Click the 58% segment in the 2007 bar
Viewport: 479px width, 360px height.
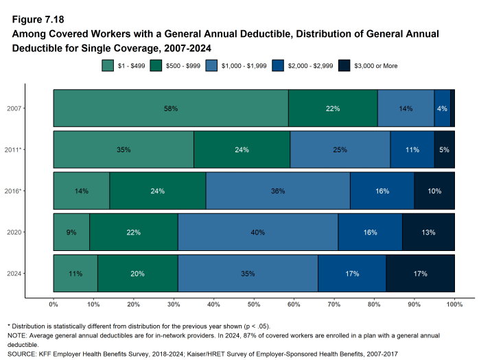pyautogui.click(x=171, y=108)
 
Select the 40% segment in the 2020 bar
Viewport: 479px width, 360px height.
pyautogui.click(x=258, y=232)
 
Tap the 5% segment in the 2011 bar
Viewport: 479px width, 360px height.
pyautogui.click(x=444, y=149)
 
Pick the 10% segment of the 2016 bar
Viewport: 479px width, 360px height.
pyautogui.click(x=434, y=191)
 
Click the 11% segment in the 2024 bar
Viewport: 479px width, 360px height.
pyautogui.click(x=75, y=274)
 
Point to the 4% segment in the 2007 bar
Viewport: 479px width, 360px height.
pyautogui.click(x=442, y=108)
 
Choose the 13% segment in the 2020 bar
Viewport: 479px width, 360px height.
pyautogui.click(x=428, y=232)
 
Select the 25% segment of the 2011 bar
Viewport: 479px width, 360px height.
pyautogui.click(x=340, y=149)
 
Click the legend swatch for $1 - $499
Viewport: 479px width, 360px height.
pyautogui.click(x=108, y=66)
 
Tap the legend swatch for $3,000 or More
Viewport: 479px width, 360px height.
pyautogui.click(x=344, y=66)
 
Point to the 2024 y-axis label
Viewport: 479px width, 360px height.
pyautogui.click(x=14, y=274)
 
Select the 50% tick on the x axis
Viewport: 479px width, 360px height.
pyautogui.click(x=254, y=304)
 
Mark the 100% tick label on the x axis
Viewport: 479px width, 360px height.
pyautogui.click(x=454, y=304)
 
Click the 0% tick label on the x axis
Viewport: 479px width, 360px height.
pyautogui.click(x=54, y=304)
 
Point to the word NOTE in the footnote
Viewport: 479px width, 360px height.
pyautogui.click(x=16, y=335)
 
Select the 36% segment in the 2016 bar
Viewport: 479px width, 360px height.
pyautogui.click(x=278, y=191)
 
